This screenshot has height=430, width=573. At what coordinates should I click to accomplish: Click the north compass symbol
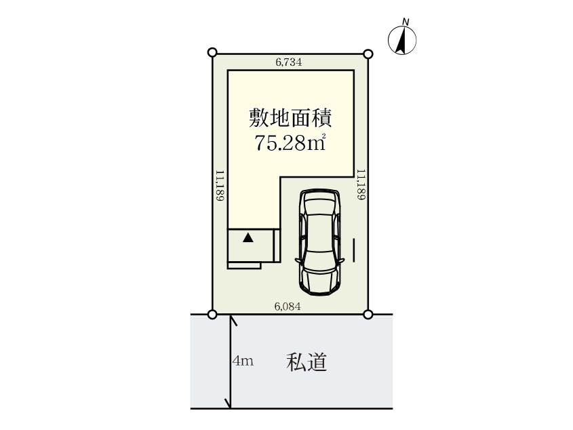[x=402, y=40]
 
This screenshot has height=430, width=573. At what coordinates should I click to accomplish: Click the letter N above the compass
[x=406, y=22]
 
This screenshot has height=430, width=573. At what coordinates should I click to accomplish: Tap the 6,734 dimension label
[x=289, y=62]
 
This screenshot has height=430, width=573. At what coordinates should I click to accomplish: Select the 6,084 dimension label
[x=288, y=307]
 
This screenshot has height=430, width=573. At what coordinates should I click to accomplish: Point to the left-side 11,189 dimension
[x=220, y=185]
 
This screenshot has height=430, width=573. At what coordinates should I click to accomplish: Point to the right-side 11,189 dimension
[x=361, y=184]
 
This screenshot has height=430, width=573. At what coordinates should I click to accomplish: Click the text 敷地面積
[x=290, y=118]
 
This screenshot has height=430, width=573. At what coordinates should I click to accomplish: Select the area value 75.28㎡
[x=290, y=142]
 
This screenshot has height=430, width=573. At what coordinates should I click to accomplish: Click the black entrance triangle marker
[x=248, y=237]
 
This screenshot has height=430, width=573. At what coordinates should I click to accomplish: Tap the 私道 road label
[x=307, y=362]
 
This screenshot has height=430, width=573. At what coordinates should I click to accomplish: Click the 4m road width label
[x=243, y=361]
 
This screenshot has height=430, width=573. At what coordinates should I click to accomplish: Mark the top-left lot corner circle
[x=212, y=52]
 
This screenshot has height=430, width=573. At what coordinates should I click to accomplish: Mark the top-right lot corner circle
[x=369, y=54]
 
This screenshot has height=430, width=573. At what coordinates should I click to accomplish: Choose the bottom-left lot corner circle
[x=212, y=314]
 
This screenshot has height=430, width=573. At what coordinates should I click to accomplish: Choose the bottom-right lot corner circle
[x=368, y=314]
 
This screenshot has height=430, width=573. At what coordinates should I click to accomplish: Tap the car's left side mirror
[x=298, y=260]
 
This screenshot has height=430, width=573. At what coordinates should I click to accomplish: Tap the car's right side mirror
[x=341, y=260]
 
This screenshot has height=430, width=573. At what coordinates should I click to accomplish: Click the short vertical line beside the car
[x=354, y=250]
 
